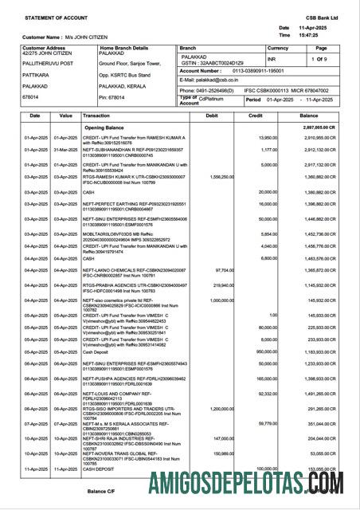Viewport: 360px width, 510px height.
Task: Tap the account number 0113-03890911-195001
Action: coord(252,70)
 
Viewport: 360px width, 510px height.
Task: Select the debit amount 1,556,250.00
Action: coord(217,177)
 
